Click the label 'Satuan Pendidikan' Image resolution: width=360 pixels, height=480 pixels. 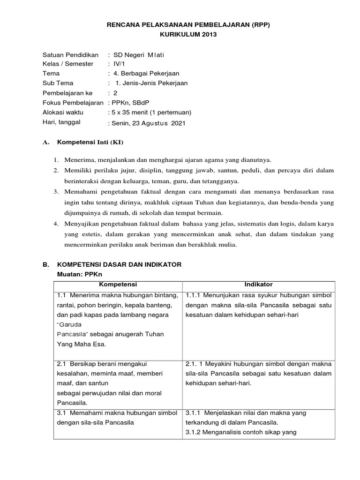(x=70, y=55)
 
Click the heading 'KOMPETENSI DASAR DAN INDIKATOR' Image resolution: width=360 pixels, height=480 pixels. (x=119, y=265)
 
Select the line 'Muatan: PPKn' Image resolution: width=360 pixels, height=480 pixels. (x=75, y=274)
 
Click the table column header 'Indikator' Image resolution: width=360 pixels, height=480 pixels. (x=258, y=285)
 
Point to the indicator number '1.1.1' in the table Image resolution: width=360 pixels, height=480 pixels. (x=195, y=296)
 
